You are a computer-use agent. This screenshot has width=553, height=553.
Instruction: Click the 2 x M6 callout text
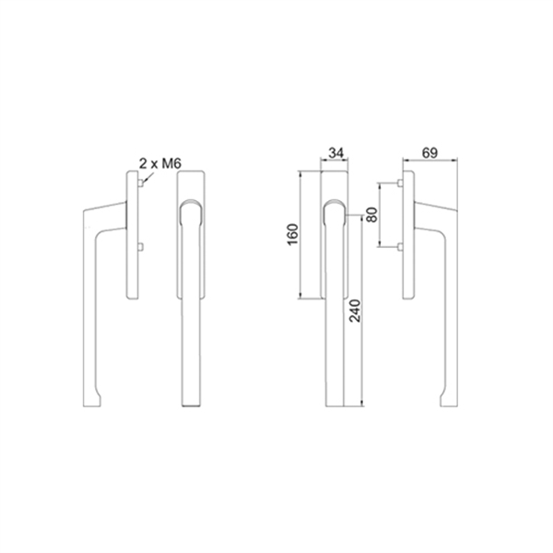coord(160,164)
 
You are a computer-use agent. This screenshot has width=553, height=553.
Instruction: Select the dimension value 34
coord(335,153)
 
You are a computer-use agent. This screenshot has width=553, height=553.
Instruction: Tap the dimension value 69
coord(429,153)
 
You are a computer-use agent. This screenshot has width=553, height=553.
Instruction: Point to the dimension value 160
coord(293,234)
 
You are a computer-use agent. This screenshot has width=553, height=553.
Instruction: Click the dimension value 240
coord(355,311)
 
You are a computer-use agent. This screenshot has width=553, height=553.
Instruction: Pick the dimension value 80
coord(371,215)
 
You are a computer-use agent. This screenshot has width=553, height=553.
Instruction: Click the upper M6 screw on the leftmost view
coord(141,183)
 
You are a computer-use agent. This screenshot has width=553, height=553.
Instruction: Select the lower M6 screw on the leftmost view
coord(141,247)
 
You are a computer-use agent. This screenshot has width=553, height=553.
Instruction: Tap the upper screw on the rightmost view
coord(400,183)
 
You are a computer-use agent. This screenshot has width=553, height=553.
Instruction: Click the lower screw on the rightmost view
coord(400,247)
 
